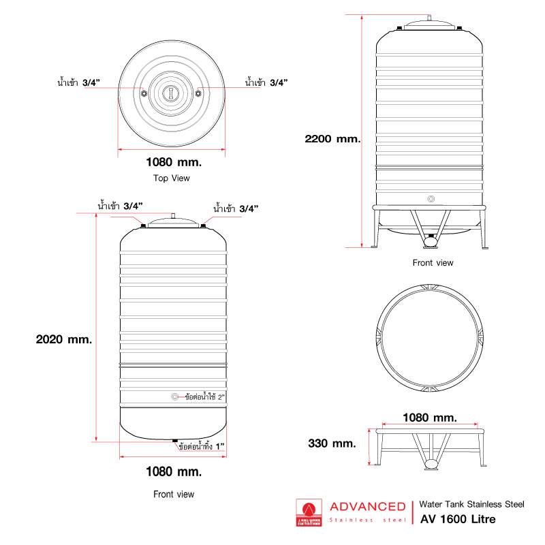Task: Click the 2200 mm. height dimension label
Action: click(332, 138)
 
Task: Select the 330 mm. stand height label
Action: click(332, 443)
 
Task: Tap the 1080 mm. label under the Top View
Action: click(174, 162)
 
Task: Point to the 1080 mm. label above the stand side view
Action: click(430, 417)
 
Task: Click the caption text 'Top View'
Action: click(172, 178)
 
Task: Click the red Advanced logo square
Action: click(309, 512)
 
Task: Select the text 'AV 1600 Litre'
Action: click(458, 519)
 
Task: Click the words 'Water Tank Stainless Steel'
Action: click(471, 504)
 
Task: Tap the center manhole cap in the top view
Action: click(171, 92)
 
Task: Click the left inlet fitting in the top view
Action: click(144, 93)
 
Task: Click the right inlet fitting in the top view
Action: click(198, 93)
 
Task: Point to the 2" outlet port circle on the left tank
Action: click(175, 396)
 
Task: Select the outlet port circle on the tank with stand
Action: click(430, 199)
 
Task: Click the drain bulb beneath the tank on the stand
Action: click(431, 240)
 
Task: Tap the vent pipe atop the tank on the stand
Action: click(430, 16)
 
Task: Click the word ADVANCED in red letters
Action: click(367, 506)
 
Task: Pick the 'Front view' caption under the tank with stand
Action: click(433, 262)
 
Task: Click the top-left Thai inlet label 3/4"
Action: click(79, 82)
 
